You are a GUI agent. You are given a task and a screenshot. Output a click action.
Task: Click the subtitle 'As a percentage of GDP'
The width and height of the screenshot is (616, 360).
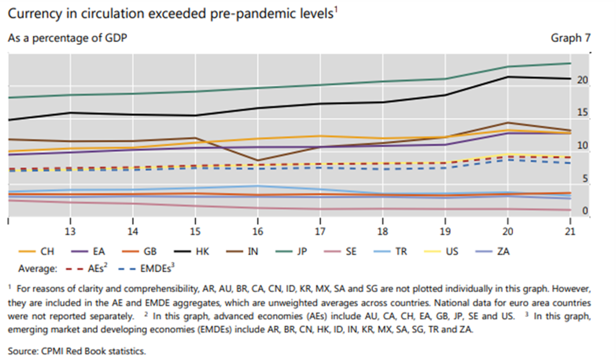(67, 38)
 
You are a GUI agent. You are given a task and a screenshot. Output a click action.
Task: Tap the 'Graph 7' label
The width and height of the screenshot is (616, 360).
(571, 38)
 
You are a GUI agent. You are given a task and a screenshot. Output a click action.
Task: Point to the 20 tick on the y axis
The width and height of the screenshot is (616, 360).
(583, 80)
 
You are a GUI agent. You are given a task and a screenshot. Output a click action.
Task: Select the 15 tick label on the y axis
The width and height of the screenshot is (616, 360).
(583, 113)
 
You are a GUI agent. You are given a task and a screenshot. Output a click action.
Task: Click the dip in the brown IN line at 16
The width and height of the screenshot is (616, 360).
(257, 160)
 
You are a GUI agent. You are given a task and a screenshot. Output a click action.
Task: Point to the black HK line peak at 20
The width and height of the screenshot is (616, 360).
(508, 77)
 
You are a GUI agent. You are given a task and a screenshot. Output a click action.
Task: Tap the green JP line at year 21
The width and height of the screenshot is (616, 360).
(570, 63)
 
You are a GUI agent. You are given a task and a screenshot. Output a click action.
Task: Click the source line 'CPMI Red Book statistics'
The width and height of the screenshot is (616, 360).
(76, 351)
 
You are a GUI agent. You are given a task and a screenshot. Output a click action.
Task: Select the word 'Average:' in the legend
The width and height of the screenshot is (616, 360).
(38, 269)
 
